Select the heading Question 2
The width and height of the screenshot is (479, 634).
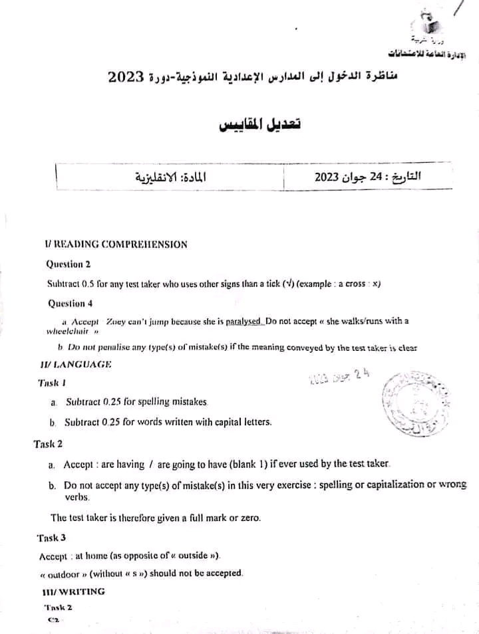pos(69,264)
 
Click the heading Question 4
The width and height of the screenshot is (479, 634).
pos(70,304)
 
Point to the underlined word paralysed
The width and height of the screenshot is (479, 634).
pos(244,321)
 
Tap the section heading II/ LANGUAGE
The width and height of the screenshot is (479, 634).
pos(76,364)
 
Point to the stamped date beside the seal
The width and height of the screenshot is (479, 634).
pos(339,377)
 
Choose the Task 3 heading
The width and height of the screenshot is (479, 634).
pos(52,538)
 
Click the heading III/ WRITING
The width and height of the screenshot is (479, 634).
pos(73,591)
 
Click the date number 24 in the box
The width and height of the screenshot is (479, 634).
pos(377,178)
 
